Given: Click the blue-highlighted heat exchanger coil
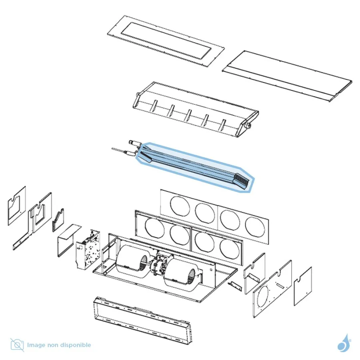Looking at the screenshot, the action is [x=195, y=167].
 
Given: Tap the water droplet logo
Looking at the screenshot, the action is [x=344, y=343].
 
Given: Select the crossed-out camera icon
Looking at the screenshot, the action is [x=17, y=345].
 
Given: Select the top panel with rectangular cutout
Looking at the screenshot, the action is [x=166, y=41].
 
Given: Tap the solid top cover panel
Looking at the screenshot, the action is [x=287, y=76].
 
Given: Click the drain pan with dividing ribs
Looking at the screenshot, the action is [x=196, y=110].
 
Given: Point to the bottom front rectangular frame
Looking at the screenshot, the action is [x=143, y=319].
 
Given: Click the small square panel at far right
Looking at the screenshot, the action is [x=303, y=286].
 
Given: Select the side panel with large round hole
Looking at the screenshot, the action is [x=272, y=289].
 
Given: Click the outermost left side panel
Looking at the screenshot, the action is [x=16, y=206].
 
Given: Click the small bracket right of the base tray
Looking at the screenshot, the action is [x=235, y=286].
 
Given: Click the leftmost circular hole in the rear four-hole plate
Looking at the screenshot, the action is [x=180, y=206].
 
